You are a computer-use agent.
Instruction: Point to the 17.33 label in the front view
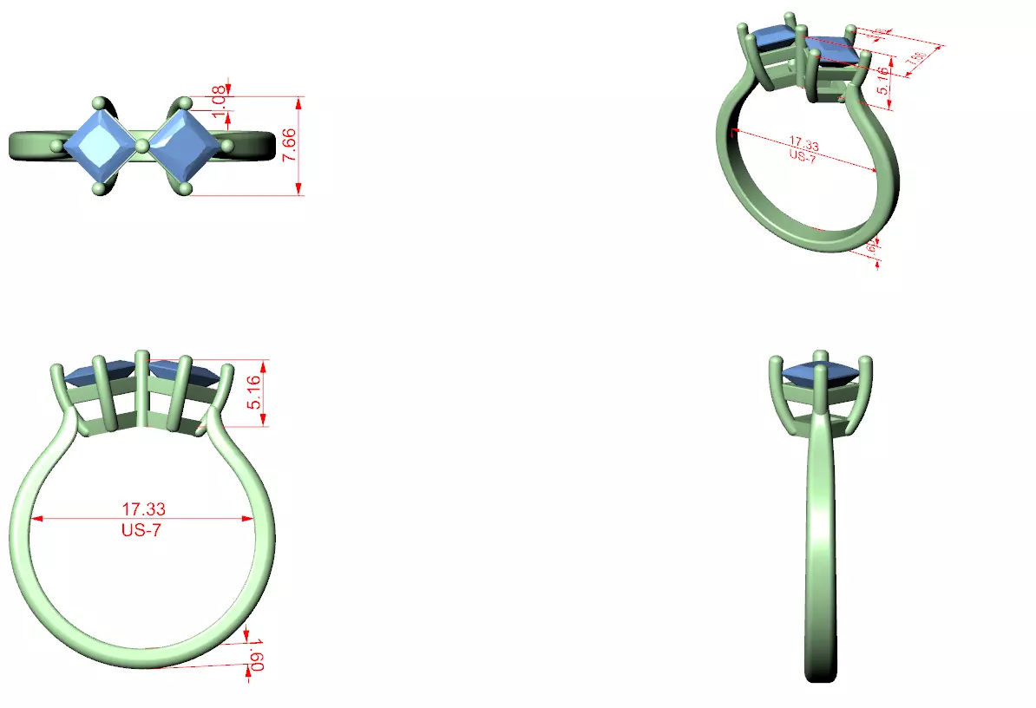[x=144, y=508]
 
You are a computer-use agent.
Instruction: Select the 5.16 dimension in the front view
[x=255, y=392]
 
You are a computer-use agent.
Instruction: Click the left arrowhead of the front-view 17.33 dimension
[x=36, y=519]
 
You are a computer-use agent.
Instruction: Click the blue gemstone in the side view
[x=820, y=373]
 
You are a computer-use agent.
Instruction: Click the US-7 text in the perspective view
[x=801, y=155]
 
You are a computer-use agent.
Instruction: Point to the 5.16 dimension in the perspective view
[x=882, y=80]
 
